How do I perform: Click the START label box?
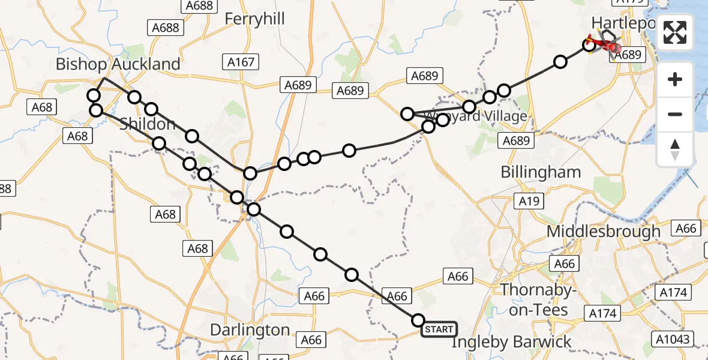[439, 329]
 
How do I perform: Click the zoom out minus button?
[675, 114]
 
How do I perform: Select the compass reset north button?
[675, 149]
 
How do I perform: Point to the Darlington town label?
[250, 331]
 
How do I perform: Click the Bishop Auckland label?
[118, 64]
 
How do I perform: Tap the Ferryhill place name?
[254, 19]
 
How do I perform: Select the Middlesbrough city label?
[603, 231]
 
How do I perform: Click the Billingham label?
[541, 172]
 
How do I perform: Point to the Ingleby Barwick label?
[511, 343]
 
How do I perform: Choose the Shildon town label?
[148, 124]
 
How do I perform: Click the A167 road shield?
[241, 61]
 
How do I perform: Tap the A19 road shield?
[529, 202]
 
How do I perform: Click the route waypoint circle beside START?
[418, 320]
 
